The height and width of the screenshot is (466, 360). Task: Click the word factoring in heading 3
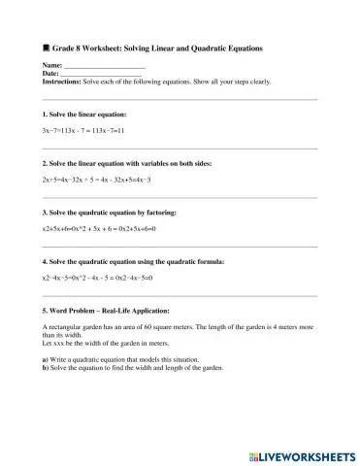(x=160, y=213)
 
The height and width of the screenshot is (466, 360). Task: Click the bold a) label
(x=34, y=360)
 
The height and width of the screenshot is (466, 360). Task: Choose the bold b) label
(x=34, y=368)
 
